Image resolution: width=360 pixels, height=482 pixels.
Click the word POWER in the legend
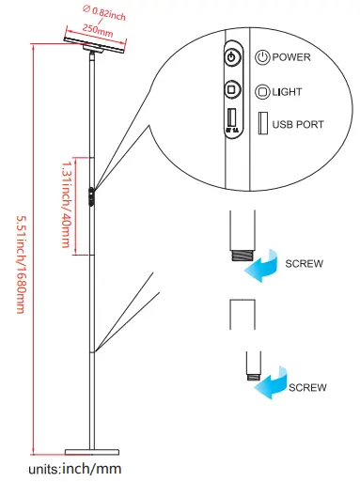click(291, 57)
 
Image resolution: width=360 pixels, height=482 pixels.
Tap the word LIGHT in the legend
click(288, 92)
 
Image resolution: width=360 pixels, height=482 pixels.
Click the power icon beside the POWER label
click(262, 57)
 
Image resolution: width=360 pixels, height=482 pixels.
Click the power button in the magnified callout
click(232, 57)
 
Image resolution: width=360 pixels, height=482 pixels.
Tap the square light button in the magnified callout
click(232, 90)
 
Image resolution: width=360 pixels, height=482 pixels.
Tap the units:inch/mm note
click(75, 467)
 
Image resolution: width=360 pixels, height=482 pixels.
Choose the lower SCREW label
click(307, 387)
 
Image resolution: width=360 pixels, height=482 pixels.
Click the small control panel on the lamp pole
click(91, 197)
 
